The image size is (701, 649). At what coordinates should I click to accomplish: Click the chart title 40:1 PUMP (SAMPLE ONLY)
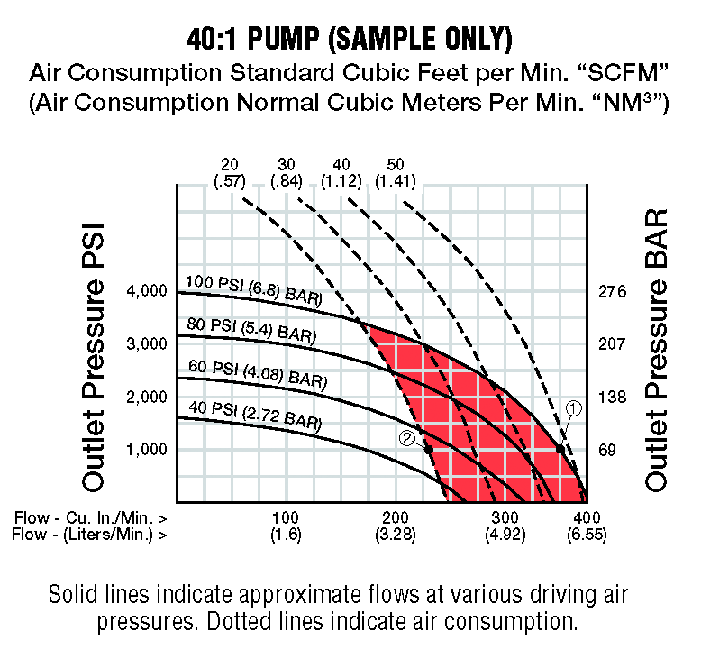(x=350, y=39)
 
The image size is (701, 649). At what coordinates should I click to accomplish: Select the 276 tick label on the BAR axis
(x=612, y=291)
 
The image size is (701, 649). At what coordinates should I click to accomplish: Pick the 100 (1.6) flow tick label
(x=285, y=526)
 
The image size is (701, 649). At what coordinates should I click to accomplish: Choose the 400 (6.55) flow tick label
(x=587, y=526)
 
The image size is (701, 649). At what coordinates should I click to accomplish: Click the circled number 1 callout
(x=574, y=408)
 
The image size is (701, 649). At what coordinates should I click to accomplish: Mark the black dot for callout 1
(x=560, y=449)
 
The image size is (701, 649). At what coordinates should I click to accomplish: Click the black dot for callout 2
(x=429, y=449)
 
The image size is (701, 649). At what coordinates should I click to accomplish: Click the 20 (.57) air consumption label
(x=230, y=172)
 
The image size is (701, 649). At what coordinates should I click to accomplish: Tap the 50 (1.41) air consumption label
(x=395, y=172)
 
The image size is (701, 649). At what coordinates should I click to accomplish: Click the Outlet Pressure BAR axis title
(x=657, y=351)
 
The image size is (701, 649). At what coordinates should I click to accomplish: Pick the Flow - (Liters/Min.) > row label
(x=90, y=535)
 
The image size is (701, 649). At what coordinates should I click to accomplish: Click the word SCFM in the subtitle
(x=633, y=70)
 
